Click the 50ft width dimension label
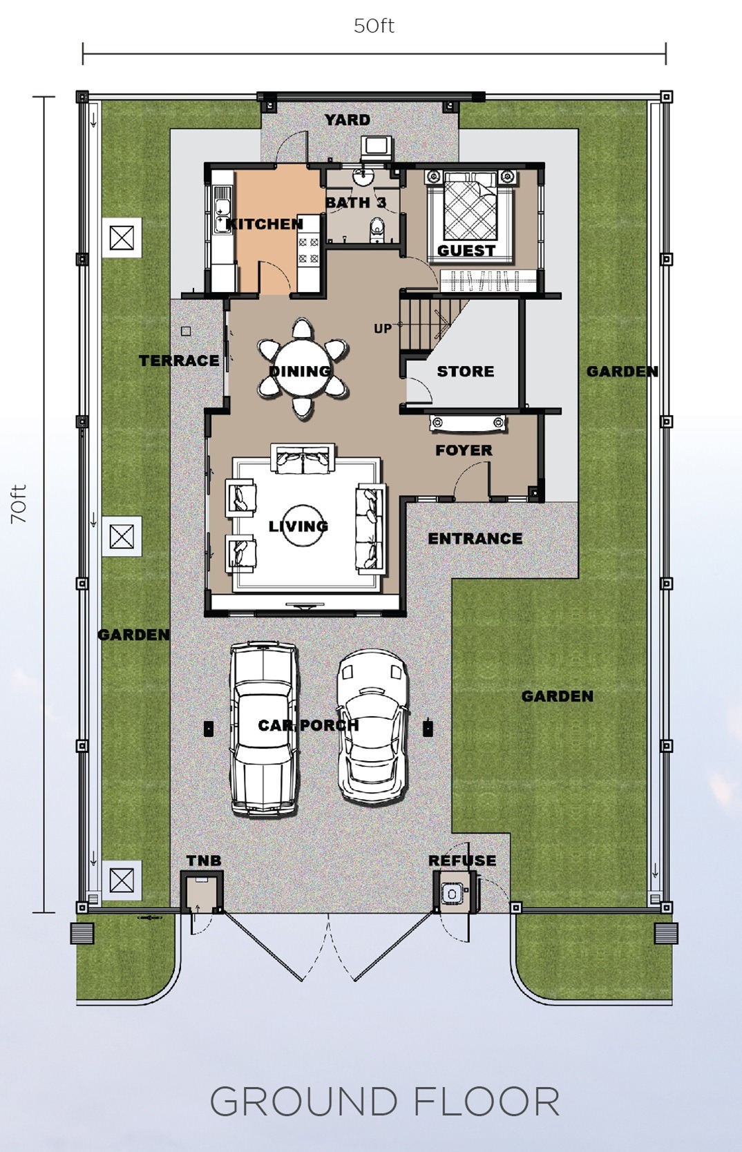tap(374, 26)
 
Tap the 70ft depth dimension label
tap(19, 504)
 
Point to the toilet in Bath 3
tap(378, 229)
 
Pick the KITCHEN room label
tap(265, 224)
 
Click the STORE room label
tap(466, 372)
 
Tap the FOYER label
tap(464, 450)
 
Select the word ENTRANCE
tap(475, 539)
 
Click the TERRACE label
tap(179, 361)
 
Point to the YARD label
tap(348, 120)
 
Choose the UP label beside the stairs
tap(383, 328)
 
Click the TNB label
tap(204, 861)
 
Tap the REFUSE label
tap(462, 861)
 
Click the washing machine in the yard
tap(377, 147)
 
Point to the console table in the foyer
tap(468, 423)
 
